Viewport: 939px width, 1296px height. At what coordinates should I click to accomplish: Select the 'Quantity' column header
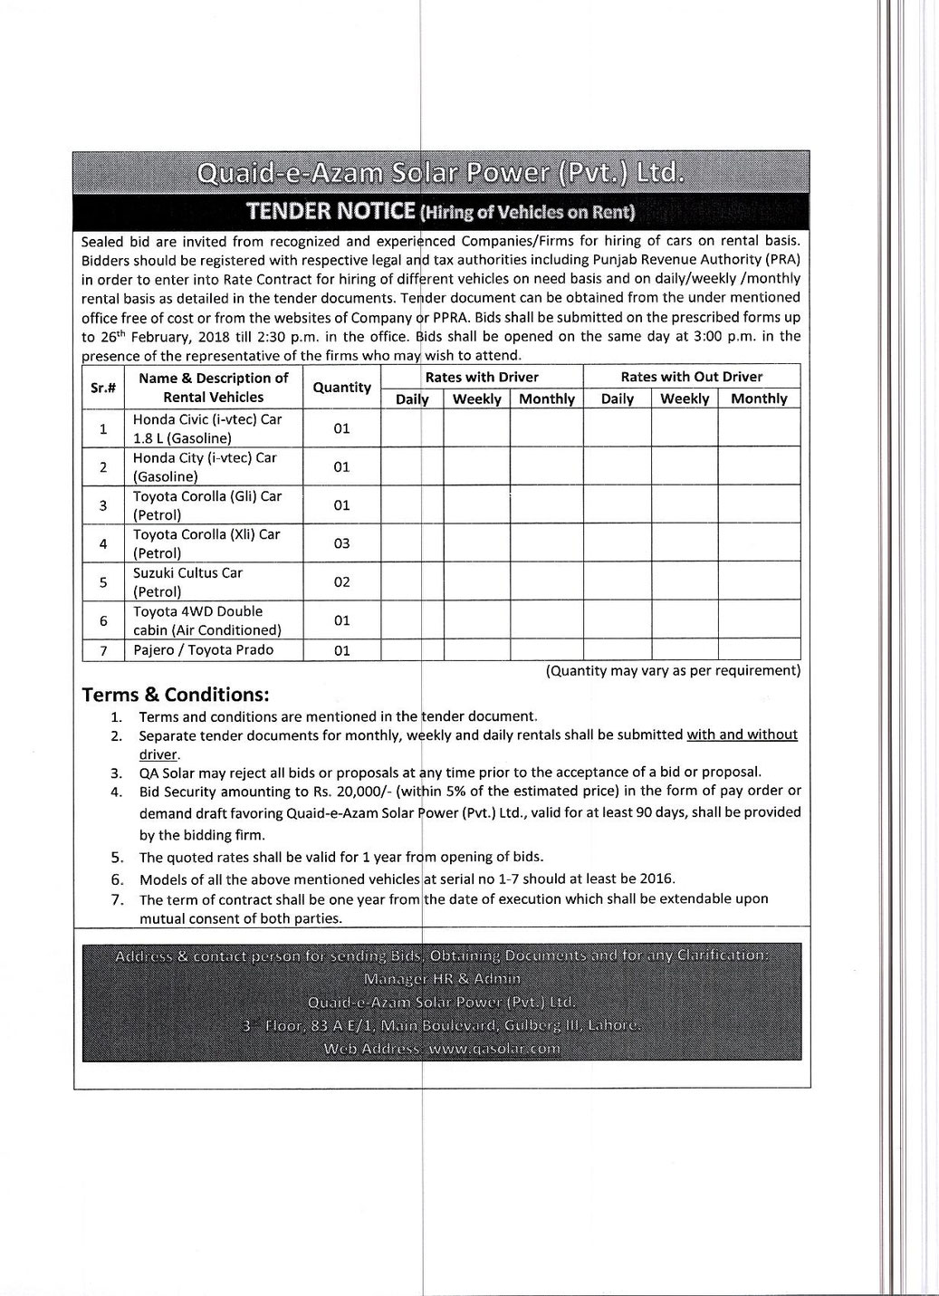[341, 388]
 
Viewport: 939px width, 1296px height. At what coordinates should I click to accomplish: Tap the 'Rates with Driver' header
[482, 377]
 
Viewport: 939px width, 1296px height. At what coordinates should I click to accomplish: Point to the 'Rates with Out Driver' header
[691, 377]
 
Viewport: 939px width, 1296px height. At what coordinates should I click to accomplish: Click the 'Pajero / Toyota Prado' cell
[203, 650]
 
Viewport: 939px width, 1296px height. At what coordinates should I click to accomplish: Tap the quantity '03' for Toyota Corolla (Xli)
[341, 543]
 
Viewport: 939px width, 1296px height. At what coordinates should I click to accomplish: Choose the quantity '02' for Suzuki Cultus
[341, 582]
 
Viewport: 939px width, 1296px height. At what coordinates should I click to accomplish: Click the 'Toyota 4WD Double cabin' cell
[207, 620]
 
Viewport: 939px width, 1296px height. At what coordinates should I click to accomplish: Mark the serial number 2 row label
[103, 467]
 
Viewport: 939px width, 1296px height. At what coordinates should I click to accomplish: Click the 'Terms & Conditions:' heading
[176, 695]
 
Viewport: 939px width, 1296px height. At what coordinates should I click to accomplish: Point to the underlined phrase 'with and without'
[742, 734]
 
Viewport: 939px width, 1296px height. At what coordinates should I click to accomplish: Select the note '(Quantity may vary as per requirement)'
[673, 671]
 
